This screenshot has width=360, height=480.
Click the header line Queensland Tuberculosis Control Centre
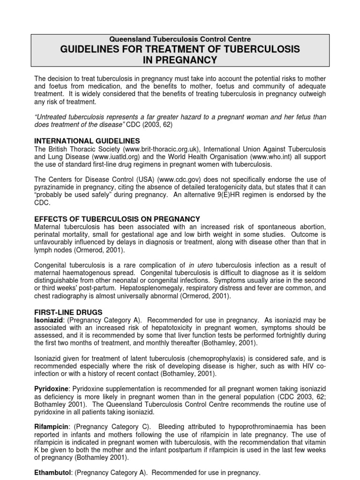(x=180, y=39)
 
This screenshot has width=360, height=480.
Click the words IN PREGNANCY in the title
(x=180, y=60)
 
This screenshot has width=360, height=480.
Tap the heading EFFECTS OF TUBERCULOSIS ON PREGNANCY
(x=118, y=219)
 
